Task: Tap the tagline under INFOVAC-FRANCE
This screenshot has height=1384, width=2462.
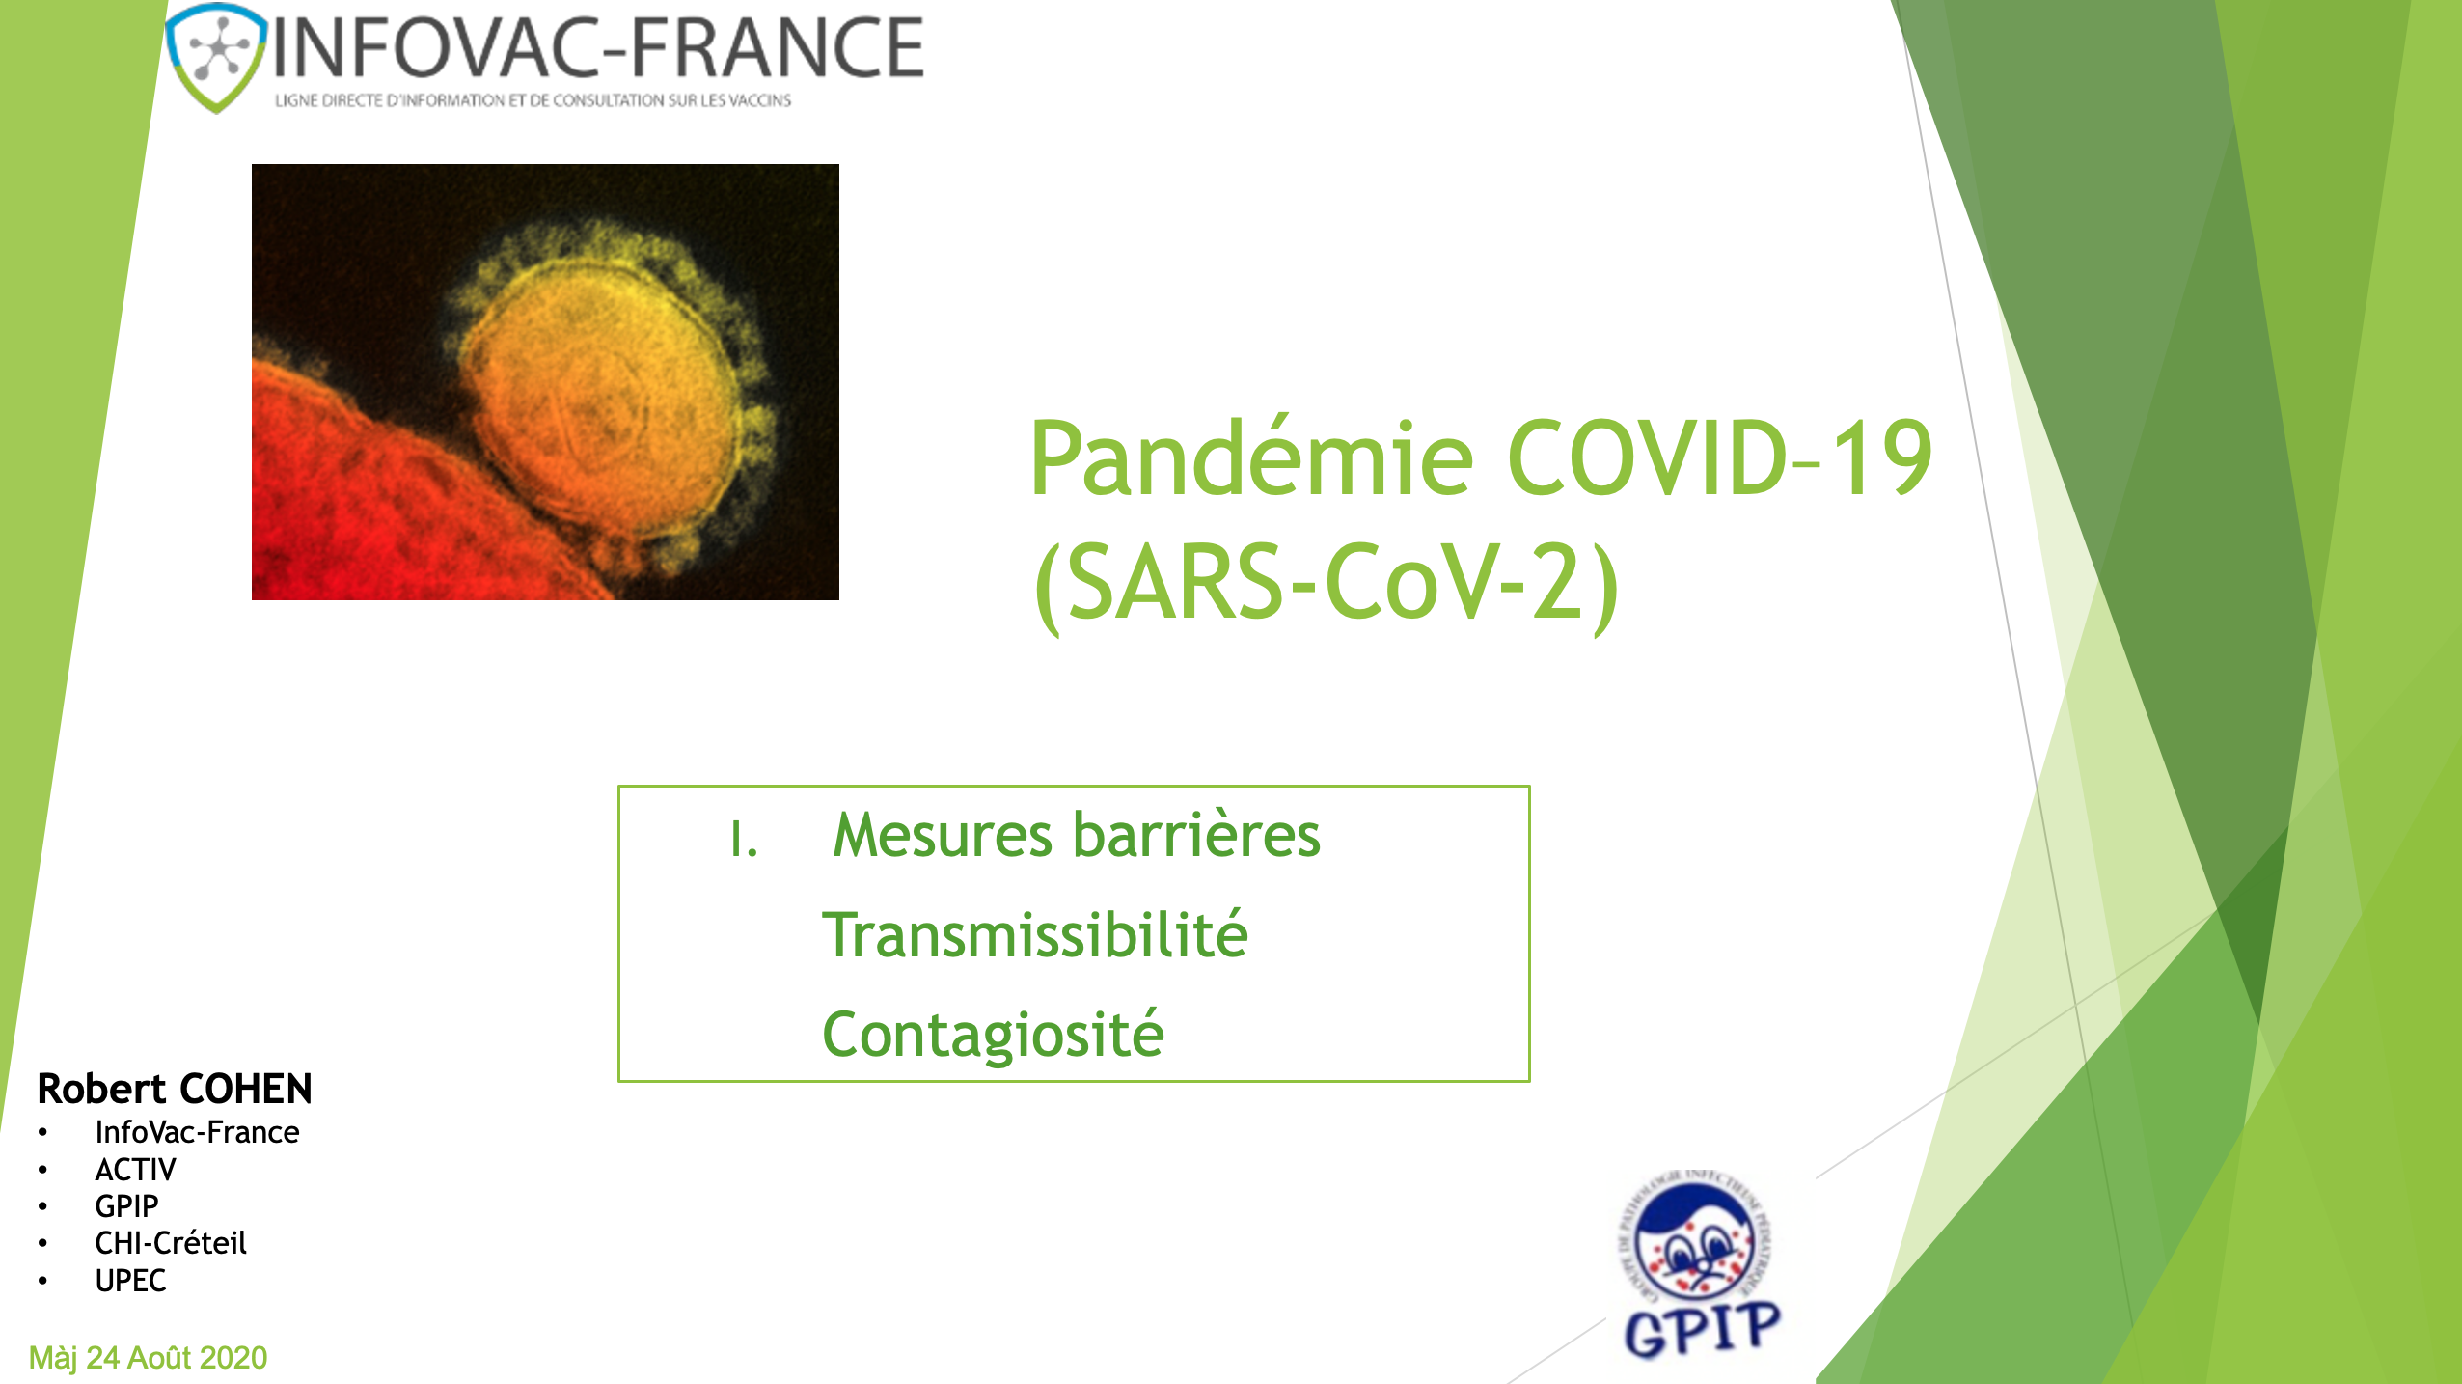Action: (x=533, y=100)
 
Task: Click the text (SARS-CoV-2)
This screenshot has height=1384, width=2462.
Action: (x=1326, y=583)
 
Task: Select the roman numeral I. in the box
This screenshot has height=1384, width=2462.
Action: (x=743, y=840)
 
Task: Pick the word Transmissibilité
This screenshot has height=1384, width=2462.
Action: (x=1034, y=936)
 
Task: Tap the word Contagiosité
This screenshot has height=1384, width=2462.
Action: (x=994, y=1036)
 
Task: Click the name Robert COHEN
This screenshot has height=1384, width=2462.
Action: (x=175, y=1089)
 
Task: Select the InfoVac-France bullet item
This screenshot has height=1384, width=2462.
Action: (x=197, y=1132)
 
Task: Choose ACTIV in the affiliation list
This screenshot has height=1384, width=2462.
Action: (x=135, y=1170)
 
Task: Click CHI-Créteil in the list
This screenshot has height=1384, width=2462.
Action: (x=171, y=1243)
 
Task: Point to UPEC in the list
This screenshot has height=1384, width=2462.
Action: (x=130, y=1281)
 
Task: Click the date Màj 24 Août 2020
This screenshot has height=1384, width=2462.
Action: (x=149, y=1358)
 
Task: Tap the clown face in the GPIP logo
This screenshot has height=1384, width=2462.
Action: (x=1698, y=1245)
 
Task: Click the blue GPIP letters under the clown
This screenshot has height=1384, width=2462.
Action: (x=1703, y=1329)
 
